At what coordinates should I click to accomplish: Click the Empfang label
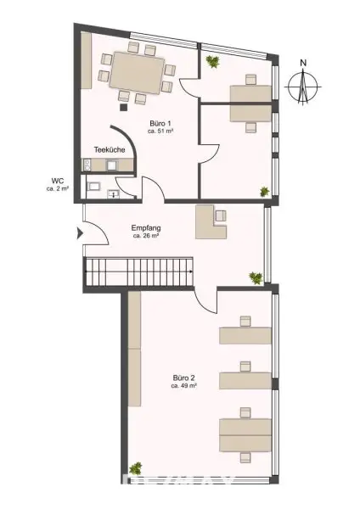[146, 228]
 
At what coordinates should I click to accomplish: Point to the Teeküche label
[110, 149]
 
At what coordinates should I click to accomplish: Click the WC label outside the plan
[58, 180]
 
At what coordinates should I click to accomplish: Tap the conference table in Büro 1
[136, 70]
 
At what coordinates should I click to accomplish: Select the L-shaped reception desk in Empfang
[211, 223]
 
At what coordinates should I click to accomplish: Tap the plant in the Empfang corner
[254, 277]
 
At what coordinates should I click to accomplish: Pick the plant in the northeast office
[211, 60]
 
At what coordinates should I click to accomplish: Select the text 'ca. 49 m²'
[184, 386]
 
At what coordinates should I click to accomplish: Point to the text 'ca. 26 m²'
[146, 237]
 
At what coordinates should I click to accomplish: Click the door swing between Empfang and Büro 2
[206, 299]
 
